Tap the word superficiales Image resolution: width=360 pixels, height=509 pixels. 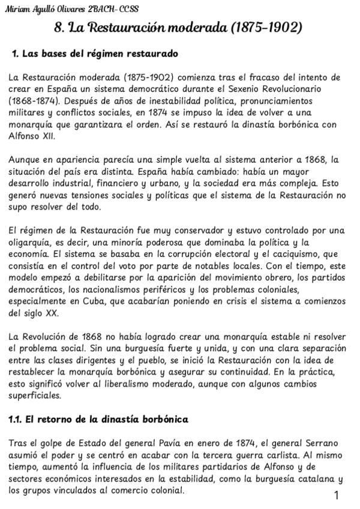coord(35,396)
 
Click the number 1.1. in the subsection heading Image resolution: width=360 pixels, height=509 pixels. coord(16,419)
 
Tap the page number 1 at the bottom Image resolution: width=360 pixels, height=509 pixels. coord(337,495)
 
